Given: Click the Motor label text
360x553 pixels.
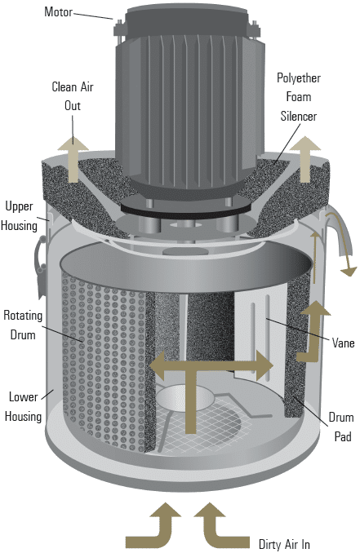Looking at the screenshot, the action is click(x=58, y=11).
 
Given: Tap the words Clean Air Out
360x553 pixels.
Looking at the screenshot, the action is click(x=73, y=96).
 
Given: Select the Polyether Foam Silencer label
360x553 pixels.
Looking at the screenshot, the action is click(x=299, y=97).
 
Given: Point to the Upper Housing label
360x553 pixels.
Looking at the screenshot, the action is click(x=19, y=216).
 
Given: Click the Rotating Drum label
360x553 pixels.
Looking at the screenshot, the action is click(x=23, y=325).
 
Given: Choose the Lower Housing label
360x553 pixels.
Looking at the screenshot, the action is click(x=24, y=407).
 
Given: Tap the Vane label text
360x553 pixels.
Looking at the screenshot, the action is click(x=343, y=343).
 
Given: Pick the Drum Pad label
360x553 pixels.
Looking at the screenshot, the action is click(x=341, y=427).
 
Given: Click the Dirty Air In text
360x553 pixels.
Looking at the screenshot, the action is click(x=284, y=544).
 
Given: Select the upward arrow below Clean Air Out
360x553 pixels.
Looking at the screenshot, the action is click(x=73, y=159).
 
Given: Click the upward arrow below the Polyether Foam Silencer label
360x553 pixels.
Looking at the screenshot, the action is click(x=305, y=159).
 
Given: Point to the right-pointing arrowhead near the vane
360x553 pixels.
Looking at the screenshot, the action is click(x=265, y=365).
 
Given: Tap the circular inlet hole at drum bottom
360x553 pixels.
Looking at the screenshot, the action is click(x=185, y=398).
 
